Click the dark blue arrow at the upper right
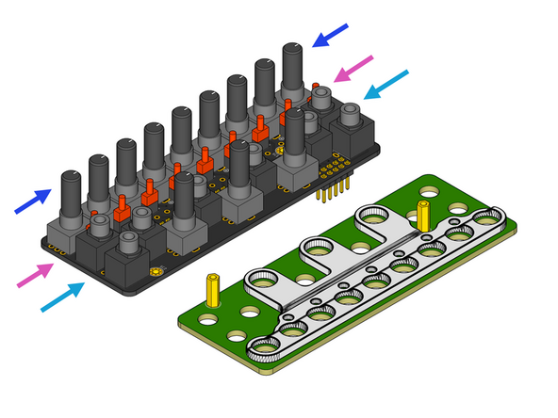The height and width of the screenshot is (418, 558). [331, 36]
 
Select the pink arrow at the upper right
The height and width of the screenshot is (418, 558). [354, 68]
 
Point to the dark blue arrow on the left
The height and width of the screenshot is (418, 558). [32, 201]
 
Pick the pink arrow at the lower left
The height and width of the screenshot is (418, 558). [36, 274]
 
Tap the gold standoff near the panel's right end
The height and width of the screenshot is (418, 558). [425, 215]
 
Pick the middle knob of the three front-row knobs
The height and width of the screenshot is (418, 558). [238, 168]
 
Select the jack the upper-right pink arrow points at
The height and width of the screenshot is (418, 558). [322, 97]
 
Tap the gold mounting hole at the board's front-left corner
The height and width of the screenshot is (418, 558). [154, 273]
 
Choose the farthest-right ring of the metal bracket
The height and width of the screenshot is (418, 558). [487, 219]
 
